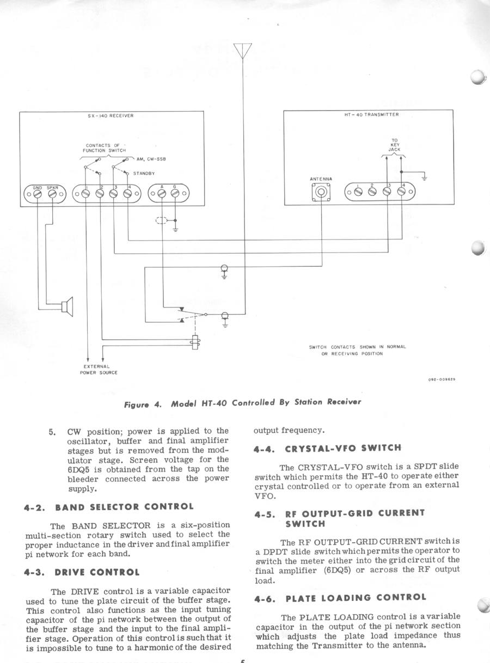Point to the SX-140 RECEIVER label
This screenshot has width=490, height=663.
(x=111, y=115)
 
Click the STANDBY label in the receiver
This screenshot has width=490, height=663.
(x=144, y=173)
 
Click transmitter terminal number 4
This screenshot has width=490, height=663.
(x=401, y=191)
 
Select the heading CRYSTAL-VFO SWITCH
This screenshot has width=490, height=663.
(x=343, y=448)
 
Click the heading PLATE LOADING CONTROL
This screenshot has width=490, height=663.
(x=356, y=597)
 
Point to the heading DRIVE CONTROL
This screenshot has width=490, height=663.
(x=96, y=572)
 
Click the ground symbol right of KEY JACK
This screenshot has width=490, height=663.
(x=425, y=177)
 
